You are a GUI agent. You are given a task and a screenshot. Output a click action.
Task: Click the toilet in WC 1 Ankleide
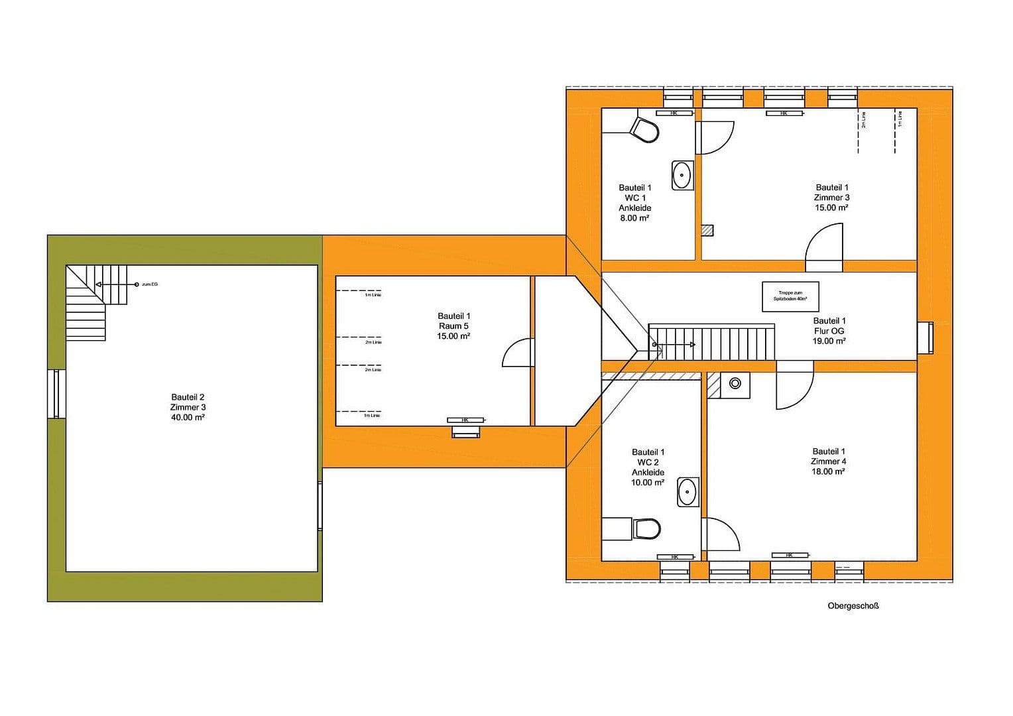[644, 130]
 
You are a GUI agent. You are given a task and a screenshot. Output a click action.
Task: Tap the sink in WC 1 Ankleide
[682, 175]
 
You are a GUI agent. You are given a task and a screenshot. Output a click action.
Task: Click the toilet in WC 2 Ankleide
[646, 528]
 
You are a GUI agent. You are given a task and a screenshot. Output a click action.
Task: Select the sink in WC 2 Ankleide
[688, 492]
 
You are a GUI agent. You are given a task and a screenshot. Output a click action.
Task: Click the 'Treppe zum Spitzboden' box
[790, 296]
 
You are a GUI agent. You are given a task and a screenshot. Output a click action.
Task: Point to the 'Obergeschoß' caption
[853, 605]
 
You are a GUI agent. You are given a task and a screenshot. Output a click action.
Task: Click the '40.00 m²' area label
[188, 418]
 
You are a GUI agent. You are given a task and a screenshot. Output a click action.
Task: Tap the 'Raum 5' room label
[453, 326]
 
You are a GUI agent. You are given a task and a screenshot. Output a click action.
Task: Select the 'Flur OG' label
[829, 331]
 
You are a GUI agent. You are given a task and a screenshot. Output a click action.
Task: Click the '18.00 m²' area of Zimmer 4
[829, 471]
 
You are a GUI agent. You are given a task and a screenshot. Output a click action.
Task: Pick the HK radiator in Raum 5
[465, 420]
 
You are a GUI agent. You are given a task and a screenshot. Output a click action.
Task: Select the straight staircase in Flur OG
[711, 342]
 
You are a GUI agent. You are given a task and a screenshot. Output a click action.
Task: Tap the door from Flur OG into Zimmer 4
[794, 386]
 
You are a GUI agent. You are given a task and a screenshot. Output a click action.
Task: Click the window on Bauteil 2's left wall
[56, 394]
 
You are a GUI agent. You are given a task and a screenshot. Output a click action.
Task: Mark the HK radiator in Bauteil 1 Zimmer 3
[784, 113]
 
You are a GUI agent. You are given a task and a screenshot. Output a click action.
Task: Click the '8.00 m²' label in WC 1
[634, 217]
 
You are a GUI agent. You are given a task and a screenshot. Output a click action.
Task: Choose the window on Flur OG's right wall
[926, 337]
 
